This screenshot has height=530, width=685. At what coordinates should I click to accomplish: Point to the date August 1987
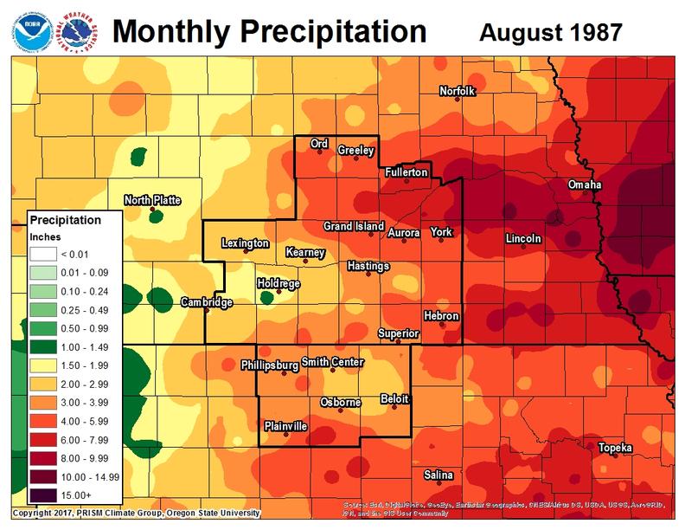pyautogui.click(x=550, y=32)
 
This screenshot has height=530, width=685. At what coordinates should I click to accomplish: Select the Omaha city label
pyautogui.click(x=586, y=185)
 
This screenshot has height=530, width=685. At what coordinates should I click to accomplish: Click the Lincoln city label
pyautogui.click(x=523, y=238)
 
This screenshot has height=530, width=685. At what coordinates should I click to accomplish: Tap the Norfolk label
pyautogui.click(x=458, y=91)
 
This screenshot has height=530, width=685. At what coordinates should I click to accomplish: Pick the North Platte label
pyautogui.click(x=152, y=200)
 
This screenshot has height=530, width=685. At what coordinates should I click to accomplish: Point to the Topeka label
pyautogui.click(x=615, y=447)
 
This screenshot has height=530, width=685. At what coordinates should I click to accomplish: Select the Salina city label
pyautogui.click(x=438, y=475)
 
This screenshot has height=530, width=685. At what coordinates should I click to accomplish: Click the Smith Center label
pyautogui.click(x=333, y=363)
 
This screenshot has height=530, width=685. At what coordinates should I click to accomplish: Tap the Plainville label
pyautogui.click(x=285, y=426)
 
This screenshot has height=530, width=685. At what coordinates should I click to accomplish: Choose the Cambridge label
pyautogui.click(x=206, y=302)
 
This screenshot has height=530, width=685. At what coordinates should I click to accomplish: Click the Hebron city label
pyautogui.click(x=441, y=316)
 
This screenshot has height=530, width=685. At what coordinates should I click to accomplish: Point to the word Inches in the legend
pyautogui.click(x=44, y=236)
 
